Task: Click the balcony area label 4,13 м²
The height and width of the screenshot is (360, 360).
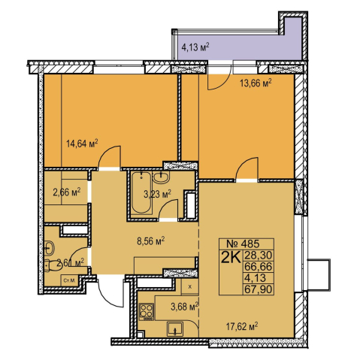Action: [x=195, y=47]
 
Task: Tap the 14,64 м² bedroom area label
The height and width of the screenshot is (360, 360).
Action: [x=82, y=144]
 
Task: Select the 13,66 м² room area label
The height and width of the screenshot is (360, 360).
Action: [x=256, y=83]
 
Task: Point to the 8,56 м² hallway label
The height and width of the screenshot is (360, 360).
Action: [x=151, y=241]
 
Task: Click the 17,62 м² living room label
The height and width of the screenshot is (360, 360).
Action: [x=242, y=326]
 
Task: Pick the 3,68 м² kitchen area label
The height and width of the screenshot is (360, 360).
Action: [x=185, y=306]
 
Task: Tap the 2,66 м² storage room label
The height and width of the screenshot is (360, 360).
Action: [x=67, y=192]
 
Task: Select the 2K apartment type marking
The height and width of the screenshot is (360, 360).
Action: [x=230, y=257]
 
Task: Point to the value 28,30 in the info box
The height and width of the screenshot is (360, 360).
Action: [x=259, y=256]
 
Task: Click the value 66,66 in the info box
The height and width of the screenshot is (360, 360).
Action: [x=259, y=267]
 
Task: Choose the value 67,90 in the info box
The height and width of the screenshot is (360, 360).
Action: [x=259, y=289]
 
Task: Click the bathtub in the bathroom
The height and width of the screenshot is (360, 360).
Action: [x=141, y=193]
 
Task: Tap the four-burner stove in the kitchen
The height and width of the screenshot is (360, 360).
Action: [x=147, y=312]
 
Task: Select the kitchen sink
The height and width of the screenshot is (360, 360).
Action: [x=175, y=329]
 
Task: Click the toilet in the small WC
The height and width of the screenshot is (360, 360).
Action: [x=53, y=265]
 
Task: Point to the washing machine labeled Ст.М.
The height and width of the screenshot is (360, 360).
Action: [x=69, y=280]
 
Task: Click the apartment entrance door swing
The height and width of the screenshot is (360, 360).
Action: [x=110, y=292]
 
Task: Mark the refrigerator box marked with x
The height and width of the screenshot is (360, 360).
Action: [x=190, y=286]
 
